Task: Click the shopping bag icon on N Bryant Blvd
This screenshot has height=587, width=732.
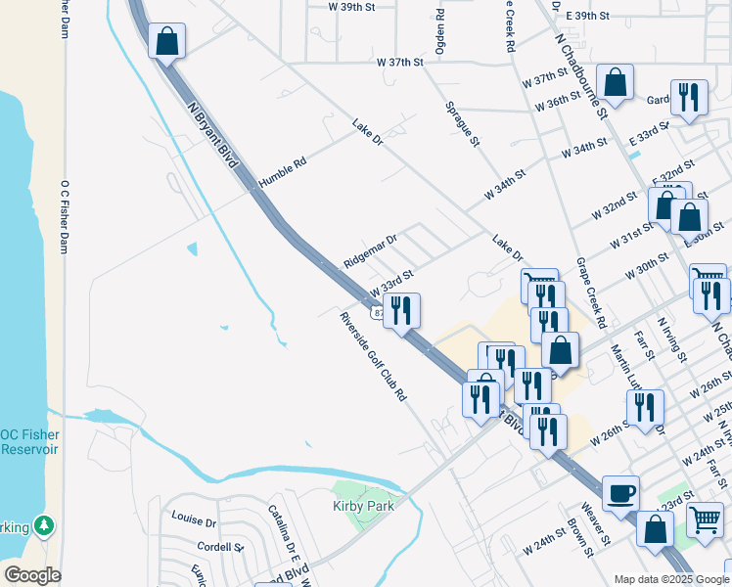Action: point(166,41)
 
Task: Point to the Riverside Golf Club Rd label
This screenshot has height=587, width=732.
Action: point(373,357)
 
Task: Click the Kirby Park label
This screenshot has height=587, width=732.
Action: point(358,506)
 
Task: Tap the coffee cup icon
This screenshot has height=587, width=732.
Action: point(620,493)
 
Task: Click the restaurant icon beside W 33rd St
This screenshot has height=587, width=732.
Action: point(401,310)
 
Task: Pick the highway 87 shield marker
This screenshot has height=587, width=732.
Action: point(379,313)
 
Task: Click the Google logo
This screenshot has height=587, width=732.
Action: point(31,575)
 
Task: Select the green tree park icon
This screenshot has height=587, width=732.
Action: point(44,526)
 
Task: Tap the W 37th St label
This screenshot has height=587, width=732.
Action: point(400,62)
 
